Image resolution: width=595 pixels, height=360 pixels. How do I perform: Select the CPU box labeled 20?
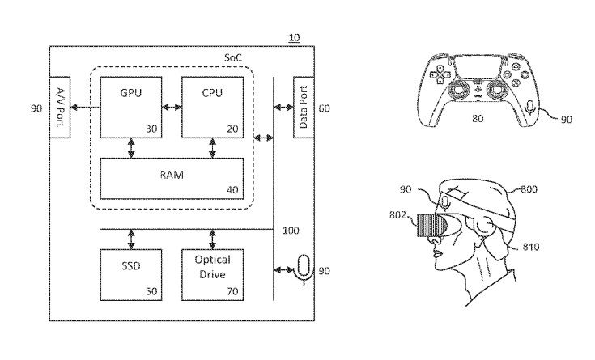[212, 107]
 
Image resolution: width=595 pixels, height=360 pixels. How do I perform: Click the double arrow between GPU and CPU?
[172, 107]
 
